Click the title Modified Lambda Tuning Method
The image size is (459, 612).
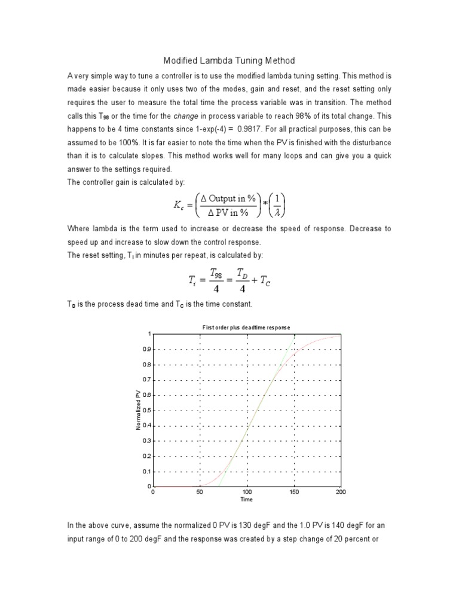coord(229,61)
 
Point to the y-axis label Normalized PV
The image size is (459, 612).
coord(138,409)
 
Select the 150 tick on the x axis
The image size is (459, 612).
coord(293,492)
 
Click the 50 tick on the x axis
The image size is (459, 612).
coord(200,492)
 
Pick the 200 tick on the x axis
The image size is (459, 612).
coord(341,492)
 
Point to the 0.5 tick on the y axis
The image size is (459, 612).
coord(146,410)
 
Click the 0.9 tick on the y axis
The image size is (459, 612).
coord(146,349)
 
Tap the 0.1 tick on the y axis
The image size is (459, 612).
coord(146,472)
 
